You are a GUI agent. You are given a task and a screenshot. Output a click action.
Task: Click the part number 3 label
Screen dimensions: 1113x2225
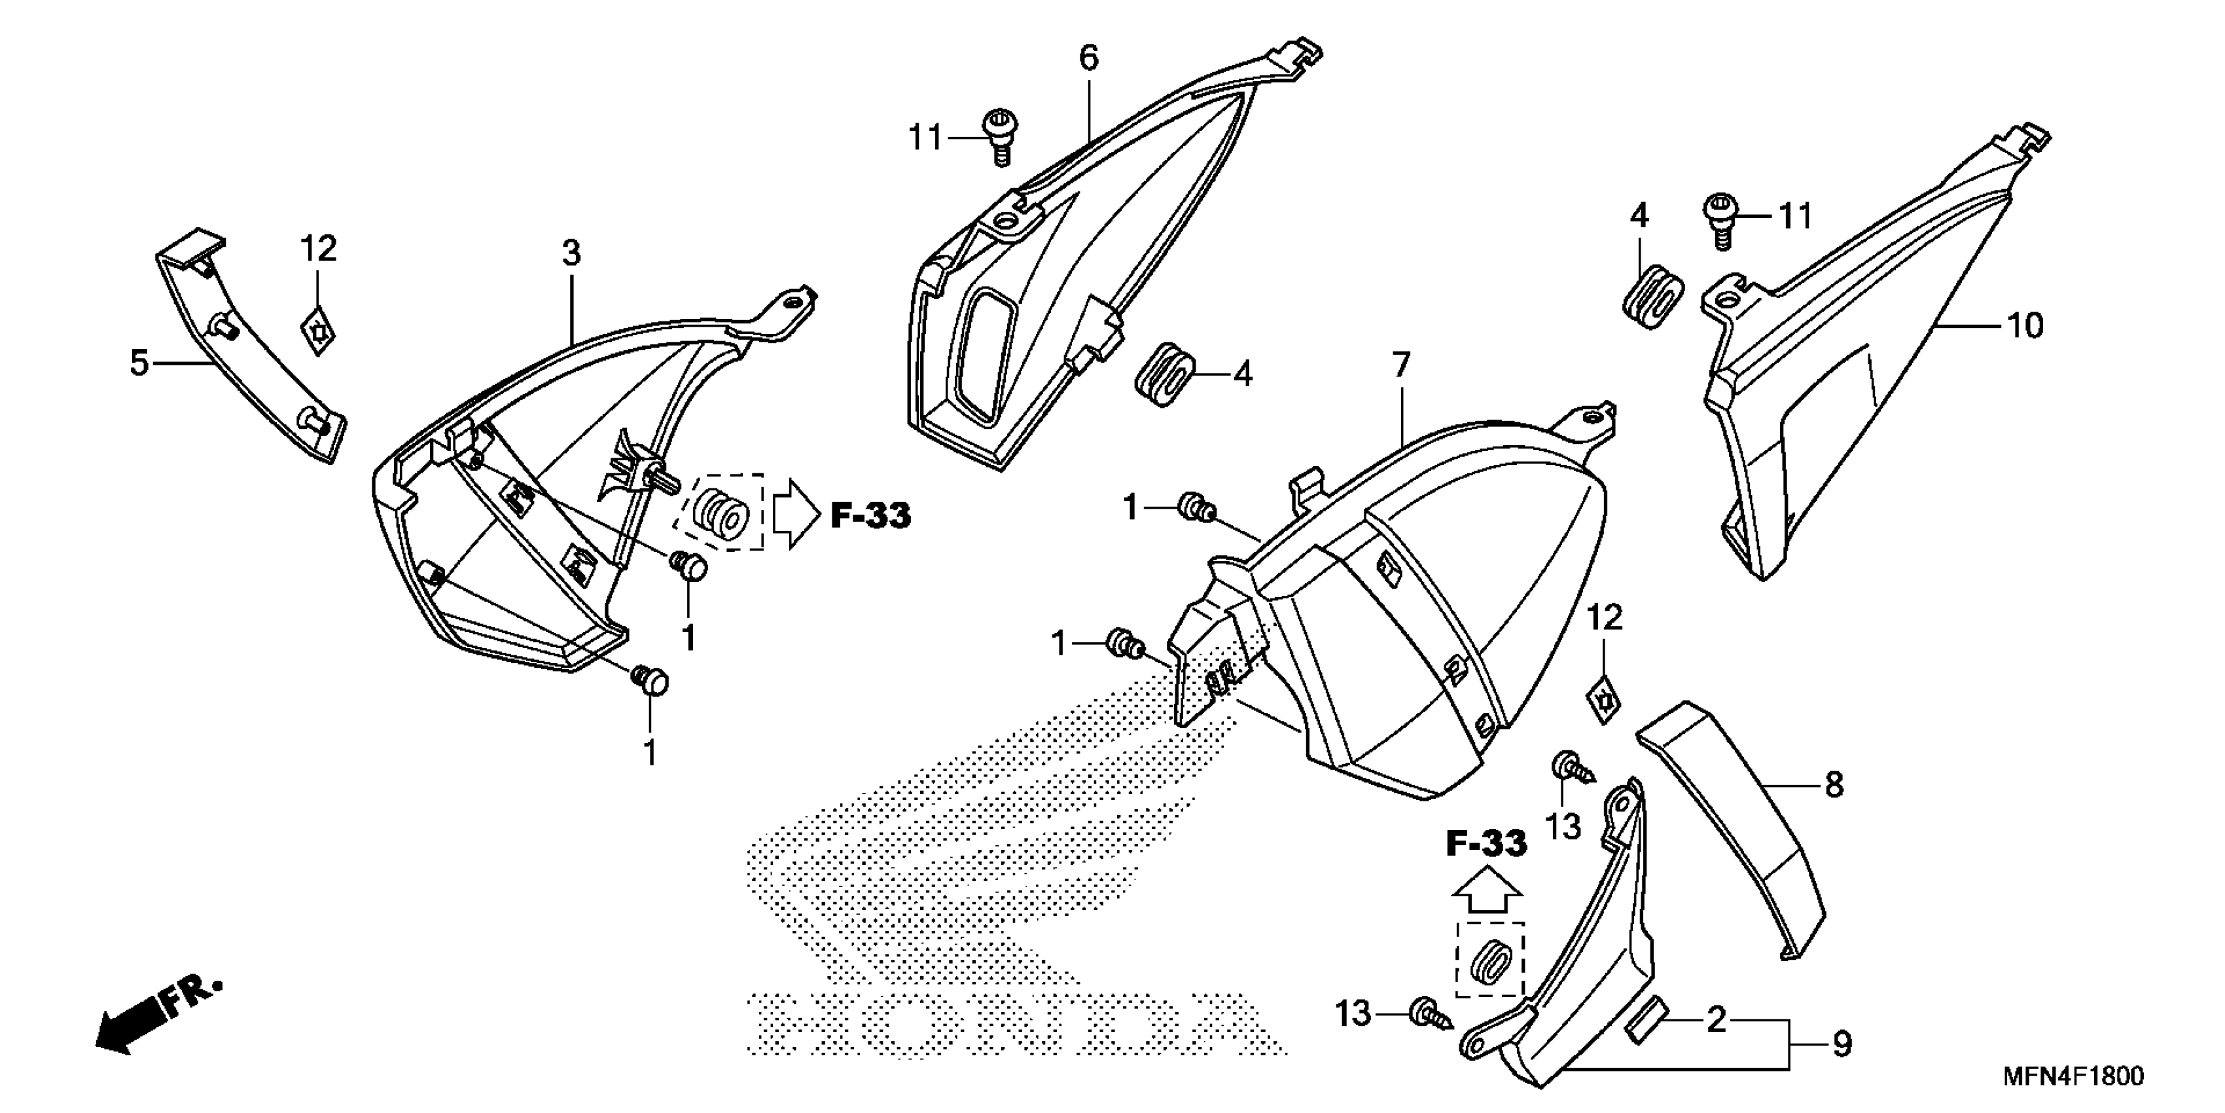point(571,254)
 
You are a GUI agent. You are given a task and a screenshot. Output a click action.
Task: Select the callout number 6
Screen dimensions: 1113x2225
point(1088,58)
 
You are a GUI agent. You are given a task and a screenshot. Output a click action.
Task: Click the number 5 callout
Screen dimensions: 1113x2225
point(139,363)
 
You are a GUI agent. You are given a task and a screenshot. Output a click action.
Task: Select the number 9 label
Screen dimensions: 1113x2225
point(1842,1045)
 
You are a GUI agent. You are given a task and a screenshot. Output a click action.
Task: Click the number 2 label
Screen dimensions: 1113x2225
point(1717,1021)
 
